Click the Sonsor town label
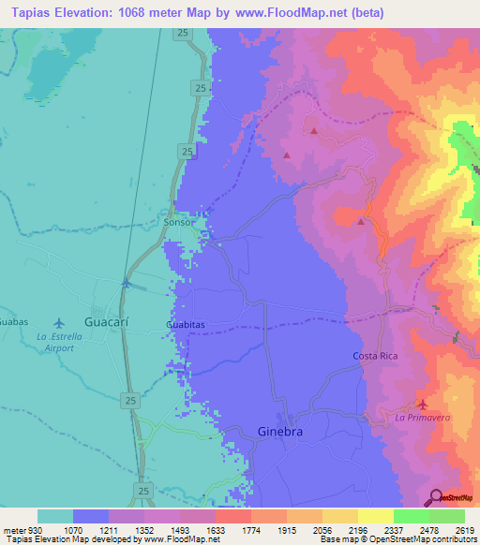tap(179, 224)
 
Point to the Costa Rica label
tap(377, 356)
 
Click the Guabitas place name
tap(186, 324)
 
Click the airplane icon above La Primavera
tap(421, 405)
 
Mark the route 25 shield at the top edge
tap(181, 33)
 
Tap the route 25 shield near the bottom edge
tap(142, 490)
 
